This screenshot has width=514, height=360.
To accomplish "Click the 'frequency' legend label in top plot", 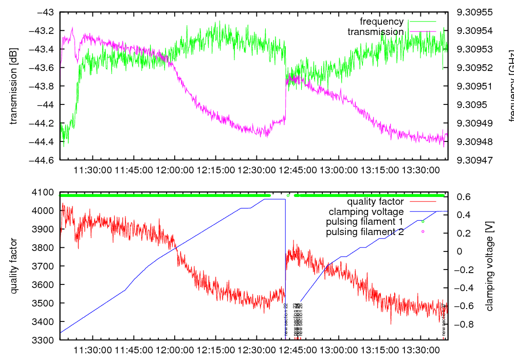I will pos(381,22).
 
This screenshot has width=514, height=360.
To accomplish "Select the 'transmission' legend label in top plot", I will pos(376,32).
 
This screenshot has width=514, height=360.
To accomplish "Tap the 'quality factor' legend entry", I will pos(375,202).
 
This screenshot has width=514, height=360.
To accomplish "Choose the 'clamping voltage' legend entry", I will pos(366,211).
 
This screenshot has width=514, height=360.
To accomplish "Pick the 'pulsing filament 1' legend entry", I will pos(364,222).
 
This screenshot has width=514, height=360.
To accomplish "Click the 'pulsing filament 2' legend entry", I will pos(364,232).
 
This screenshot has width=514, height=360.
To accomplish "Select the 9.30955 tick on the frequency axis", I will pos(474,12).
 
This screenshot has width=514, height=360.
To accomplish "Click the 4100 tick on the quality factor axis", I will pos(45,192).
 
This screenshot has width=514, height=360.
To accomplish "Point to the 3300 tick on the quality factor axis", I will pos(45,340).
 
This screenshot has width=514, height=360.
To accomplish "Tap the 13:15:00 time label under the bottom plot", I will pos(379,350).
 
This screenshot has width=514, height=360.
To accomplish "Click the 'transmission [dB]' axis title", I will pos(14,86).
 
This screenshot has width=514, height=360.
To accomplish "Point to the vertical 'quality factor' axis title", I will pos(14,266).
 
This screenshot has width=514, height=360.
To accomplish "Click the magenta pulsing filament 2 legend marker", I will pos(423,232).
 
